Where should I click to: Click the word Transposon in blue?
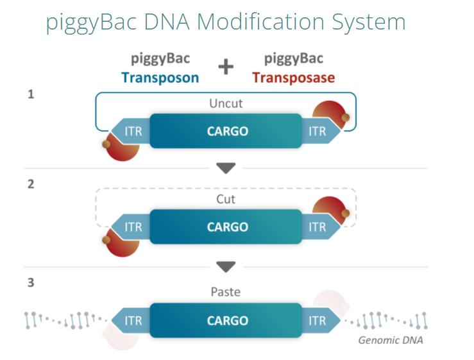tap(160, 78)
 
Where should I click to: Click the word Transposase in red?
tap(294, 78)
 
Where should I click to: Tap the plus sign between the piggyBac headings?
tap(226, 67)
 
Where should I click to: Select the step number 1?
tap(31, 94)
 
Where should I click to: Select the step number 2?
tap(31, 184)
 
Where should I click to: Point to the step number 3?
tap(31, 282)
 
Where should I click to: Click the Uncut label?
tap(226, 104)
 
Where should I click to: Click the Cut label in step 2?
tap(226, 200)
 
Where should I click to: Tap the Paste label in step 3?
tap(226, 292)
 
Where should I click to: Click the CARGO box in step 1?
tap(226, 131)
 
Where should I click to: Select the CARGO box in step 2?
tap(226, 227)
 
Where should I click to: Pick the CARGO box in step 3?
tap(226, 320)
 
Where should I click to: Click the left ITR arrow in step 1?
tap(131, 132)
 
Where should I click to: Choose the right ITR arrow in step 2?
tap(321, 227)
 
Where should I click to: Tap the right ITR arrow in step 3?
tap(321, 320)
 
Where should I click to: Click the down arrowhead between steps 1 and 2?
tap(226, 167)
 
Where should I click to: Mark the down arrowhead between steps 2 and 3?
tap(226, 266)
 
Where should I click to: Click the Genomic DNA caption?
tap(391, 341)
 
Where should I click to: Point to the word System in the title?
tap(369, 22)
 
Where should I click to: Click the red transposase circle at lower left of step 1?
tap(121, 147)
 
